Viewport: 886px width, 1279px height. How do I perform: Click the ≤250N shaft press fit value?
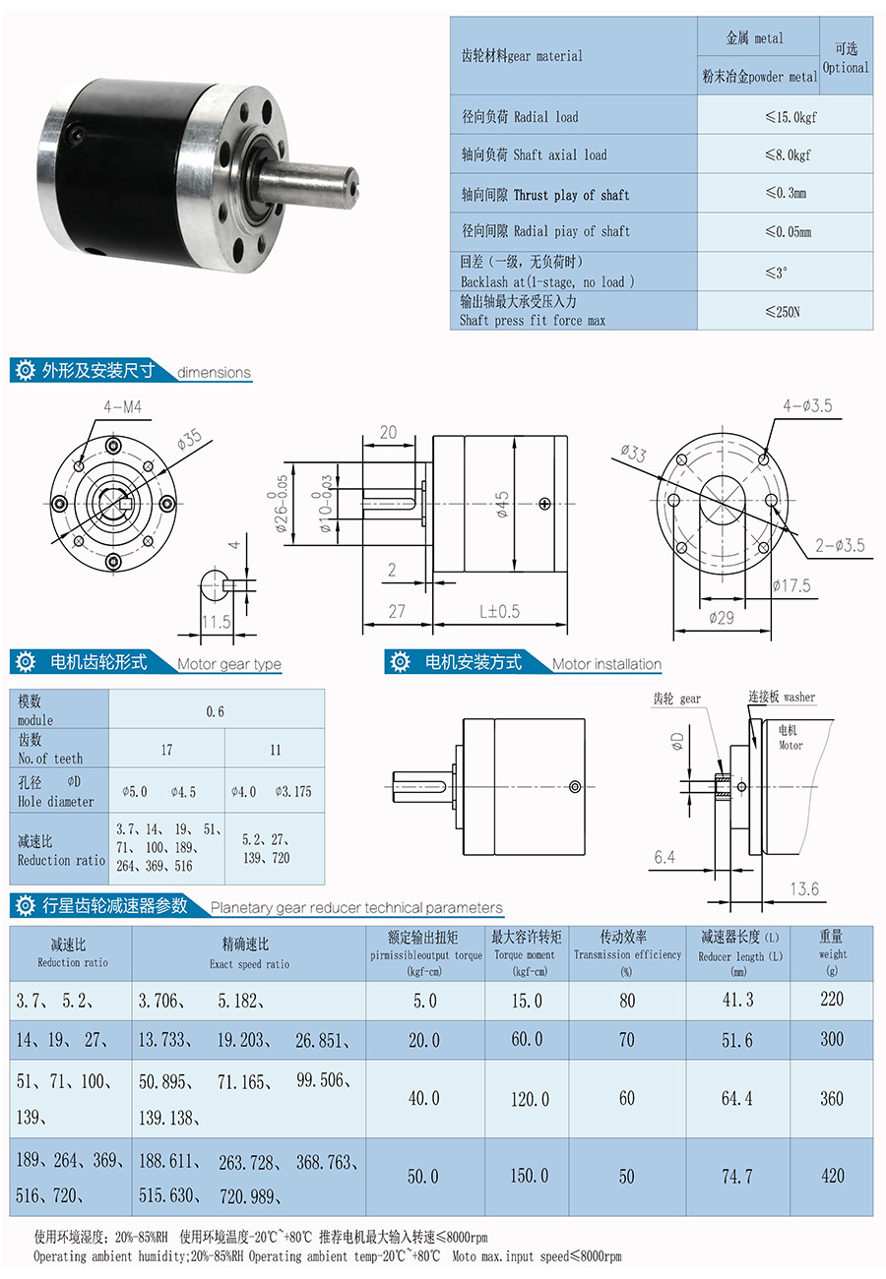pyautogui.click(x=785, y=311)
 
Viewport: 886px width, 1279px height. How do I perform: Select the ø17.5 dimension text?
pyautogui.click(x=791, y=586)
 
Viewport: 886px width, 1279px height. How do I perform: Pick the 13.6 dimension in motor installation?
pyautogui.click(x=803, y=888)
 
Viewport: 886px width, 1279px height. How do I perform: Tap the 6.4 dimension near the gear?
pyautogui.click(x=664, y=857)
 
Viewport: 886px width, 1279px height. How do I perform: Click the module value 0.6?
pyautogui.click(x=215, y=710)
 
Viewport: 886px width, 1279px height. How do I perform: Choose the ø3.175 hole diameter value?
pyautogui.click(x=293, y=790)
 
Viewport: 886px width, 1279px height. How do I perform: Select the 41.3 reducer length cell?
pyautogui.click(x=736, y=1000)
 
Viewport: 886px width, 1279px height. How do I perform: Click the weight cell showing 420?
pyautogui.click(x=831, y=1175)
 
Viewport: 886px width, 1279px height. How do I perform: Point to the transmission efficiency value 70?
pyautogui.click(x=626, y=1040)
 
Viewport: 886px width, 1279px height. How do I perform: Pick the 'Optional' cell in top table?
pyautogui.click(x=845, y=58)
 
